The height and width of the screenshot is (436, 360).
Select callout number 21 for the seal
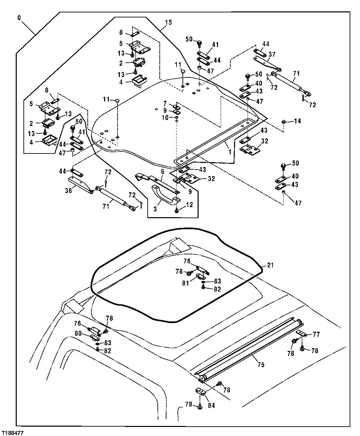point(271,265)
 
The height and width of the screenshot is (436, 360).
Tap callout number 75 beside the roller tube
point(261,365)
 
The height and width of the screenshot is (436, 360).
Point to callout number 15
point(168,23)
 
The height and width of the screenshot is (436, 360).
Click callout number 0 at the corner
point(19,16)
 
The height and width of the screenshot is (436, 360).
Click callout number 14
point(297,121)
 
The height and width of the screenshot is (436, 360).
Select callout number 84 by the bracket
point(211,406)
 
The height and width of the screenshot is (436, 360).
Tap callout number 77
point(316,334)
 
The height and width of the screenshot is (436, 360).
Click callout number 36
point(68,191)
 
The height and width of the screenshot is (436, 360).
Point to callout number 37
point(272,54)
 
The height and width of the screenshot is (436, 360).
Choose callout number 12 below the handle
point(189,205)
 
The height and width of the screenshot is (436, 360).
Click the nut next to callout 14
point(283,121)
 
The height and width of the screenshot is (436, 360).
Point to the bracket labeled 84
point(199,392)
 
